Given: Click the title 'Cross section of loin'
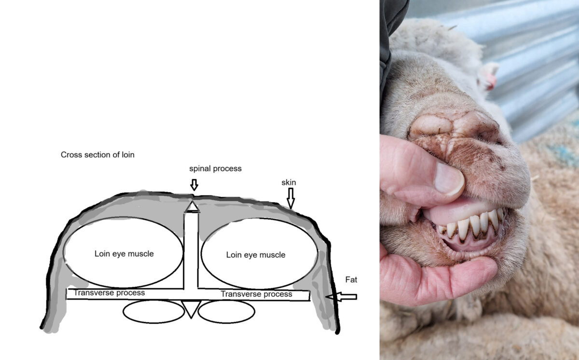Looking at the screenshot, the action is click(x=97, y=154).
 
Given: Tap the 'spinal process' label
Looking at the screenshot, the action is click(x=215, y=169).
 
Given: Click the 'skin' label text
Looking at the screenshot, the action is click(x=289, y=182).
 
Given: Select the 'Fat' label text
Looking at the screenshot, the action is click(x=351, y=279).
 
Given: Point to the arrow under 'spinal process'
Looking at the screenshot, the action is click(x=194, y=185).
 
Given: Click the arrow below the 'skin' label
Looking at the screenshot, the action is click(x=291, y=198).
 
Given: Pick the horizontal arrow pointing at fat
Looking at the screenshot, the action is click(x=341, y=297).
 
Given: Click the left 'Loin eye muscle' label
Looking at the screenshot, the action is click(x=124, y=253).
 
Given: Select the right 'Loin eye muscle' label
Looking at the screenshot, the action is click(x=256, y=255).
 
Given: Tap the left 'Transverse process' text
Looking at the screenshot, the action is click(x=110, y=293).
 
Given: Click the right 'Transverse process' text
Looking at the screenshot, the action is click(x=256, y=294).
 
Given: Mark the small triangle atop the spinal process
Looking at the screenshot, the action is click(x=192, y=207).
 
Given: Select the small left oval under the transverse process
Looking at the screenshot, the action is click(x=153, y=312).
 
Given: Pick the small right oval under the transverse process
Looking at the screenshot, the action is click(x=226, y=312).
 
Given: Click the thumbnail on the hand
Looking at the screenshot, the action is click(x=449, y=179).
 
